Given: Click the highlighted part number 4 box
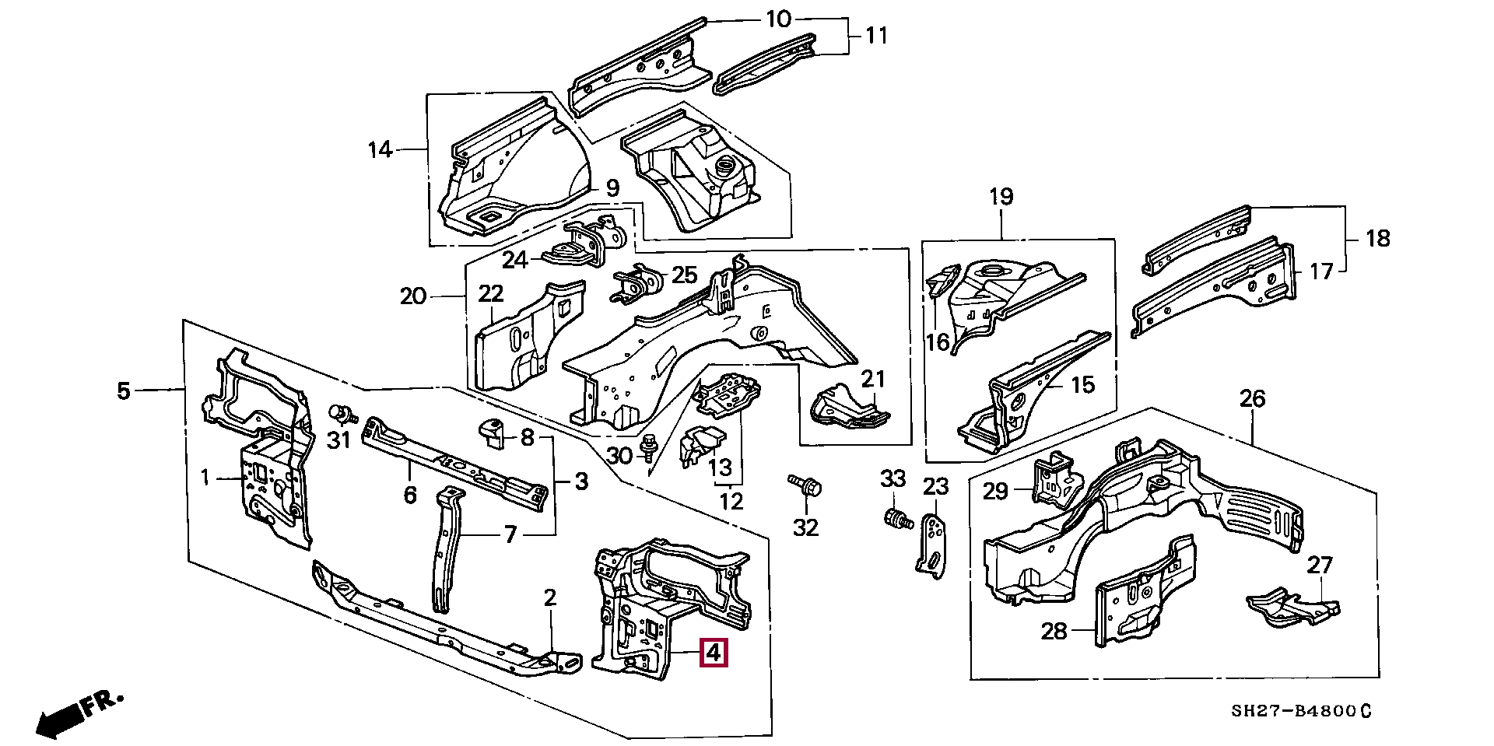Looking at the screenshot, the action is point(714,653).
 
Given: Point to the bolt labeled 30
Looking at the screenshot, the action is point(647,447).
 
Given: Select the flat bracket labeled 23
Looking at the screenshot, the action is point(931,545).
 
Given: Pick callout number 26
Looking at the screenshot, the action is point(1252,400).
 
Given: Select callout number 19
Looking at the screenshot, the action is point(1001,197).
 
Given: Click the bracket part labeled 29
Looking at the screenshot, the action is point(1053,476).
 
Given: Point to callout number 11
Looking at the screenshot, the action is point(876,36).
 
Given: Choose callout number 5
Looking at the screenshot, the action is point(124,391).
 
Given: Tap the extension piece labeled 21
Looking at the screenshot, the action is point(850,408).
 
